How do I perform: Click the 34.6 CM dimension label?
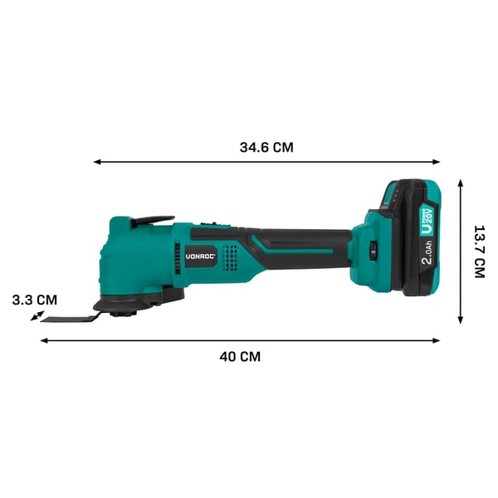[266, 148]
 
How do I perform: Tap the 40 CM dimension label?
[240, 357]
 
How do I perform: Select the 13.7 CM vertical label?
[480, 251]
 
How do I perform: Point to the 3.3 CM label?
[35, 300]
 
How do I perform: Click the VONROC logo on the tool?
[201, 256]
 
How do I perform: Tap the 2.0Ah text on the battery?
[427, 252]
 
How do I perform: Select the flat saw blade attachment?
[70, 319]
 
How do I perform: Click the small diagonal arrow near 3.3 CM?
[37, 315]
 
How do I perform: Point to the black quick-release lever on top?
[153, 221]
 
